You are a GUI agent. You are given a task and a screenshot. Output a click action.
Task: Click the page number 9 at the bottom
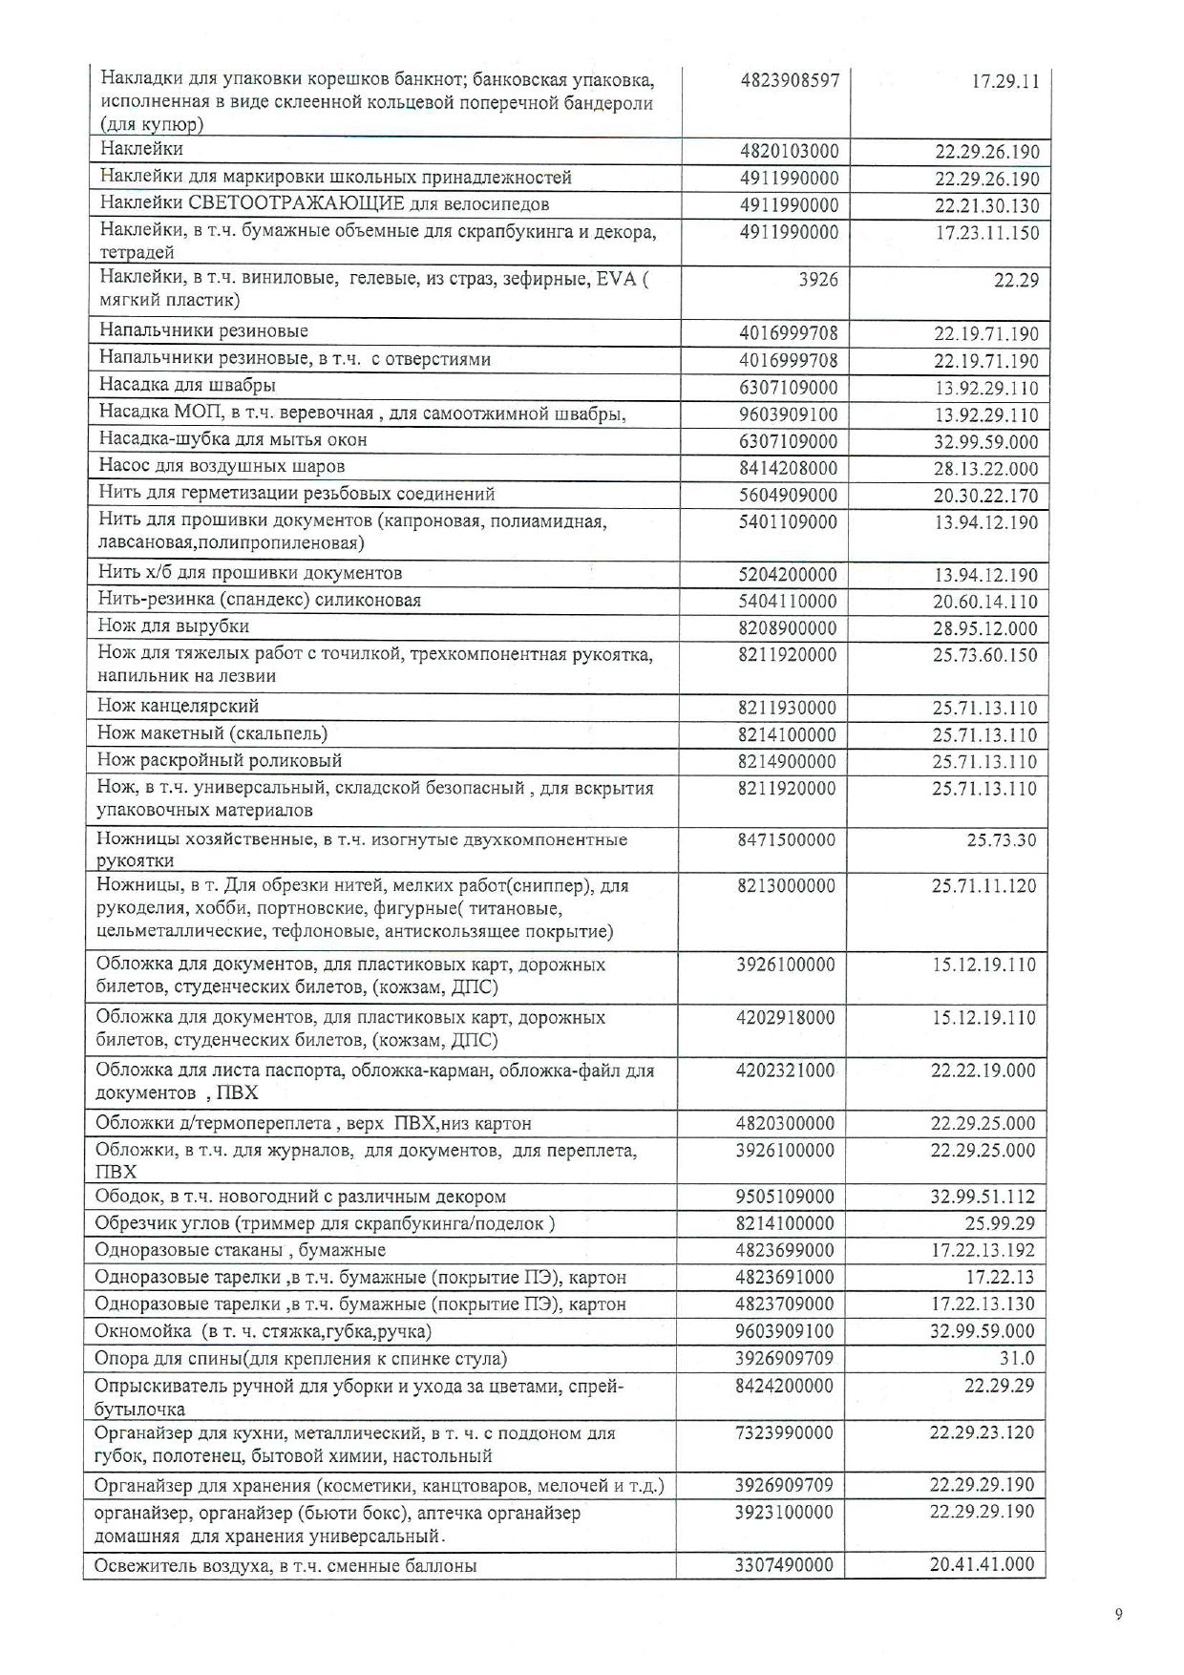pyautogui.click(x=1118, y=1614)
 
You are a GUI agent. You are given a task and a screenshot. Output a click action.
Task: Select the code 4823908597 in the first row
pyautogui.click(x=790, y=80)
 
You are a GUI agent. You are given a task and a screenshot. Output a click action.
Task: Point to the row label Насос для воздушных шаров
pyautogui.click(x=222, y=466)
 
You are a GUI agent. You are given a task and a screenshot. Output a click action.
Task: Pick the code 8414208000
pyautogui.click(x=788, y=468)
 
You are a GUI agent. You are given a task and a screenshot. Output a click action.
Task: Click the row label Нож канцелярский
pyautogui.click(x=178, y=706)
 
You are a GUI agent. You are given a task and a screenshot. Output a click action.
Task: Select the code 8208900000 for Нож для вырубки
pyautogui.click(x=787, y=627)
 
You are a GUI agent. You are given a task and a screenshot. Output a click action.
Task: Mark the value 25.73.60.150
pyautogui.click(x=984, y=655)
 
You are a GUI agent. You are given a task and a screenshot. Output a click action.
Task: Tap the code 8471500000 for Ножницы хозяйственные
pyautogui.click(x=786, y=839)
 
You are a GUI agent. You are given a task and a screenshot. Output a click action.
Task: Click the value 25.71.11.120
pyautogui.click(x=983, y=885)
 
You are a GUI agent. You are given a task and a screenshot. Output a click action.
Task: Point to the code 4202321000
pyautogui.click(x=785, y=1070)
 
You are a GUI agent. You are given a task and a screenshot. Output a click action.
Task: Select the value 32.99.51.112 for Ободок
pyautogui.click(x=983, y=1196)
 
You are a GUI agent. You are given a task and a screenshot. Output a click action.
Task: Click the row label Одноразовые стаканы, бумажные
pyautogui.click(x=240, y=1249)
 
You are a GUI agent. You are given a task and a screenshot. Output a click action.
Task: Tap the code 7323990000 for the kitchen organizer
pyautogui.click(x=784, y=1432)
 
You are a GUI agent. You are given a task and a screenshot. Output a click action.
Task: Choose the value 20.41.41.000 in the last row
pyautogui.click(x=982, y=1563)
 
